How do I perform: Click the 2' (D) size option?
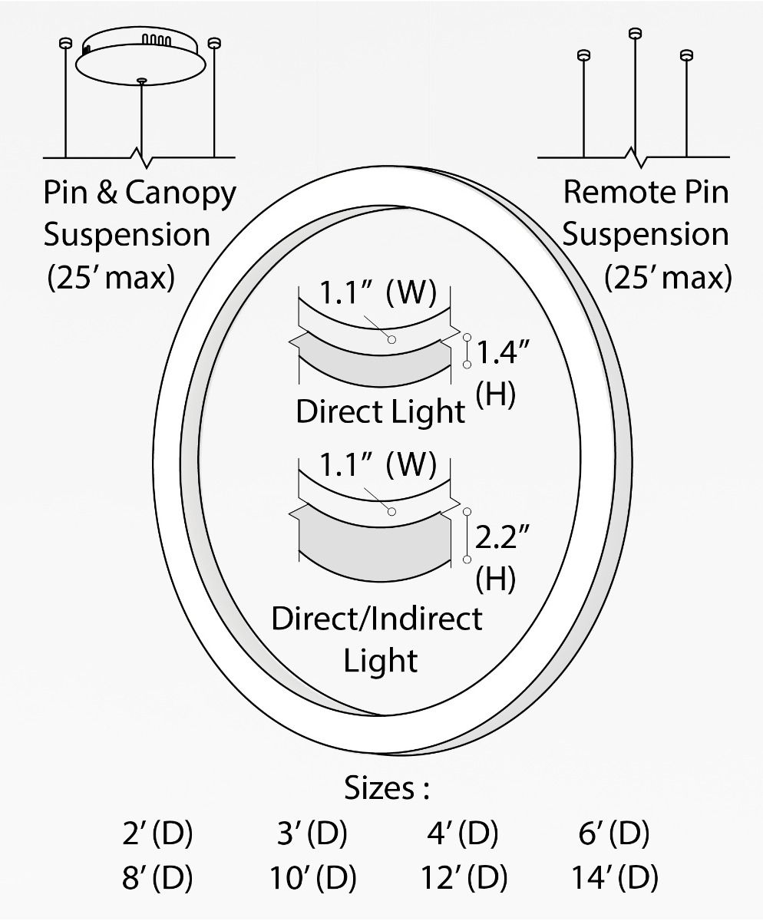click(157, 832)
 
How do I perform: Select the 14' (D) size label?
click(615, 876)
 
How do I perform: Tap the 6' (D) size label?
click(614, 832)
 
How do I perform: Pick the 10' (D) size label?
click(312, 876)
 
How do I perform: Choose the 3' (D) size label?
click(312, 832)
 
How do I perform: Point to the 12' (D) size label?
click(464, 876)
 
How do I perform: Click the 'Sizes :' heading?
click(387, 787)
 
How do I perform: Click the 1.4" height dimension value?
click(503, 352)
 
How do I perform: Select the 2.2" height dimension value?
click(502, 536)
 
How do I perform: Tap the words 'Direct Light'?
click(381, 411)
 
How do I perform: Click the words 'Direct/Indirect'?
click(376, 619)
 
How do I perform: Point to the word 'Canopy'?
click(181, 194)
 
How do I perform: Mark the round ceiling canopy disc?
click(140, 64)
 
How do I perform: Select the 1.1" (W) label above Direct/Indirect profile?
click(378, 464)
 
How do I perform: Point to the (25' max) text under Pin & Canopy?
click(111, 277)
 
